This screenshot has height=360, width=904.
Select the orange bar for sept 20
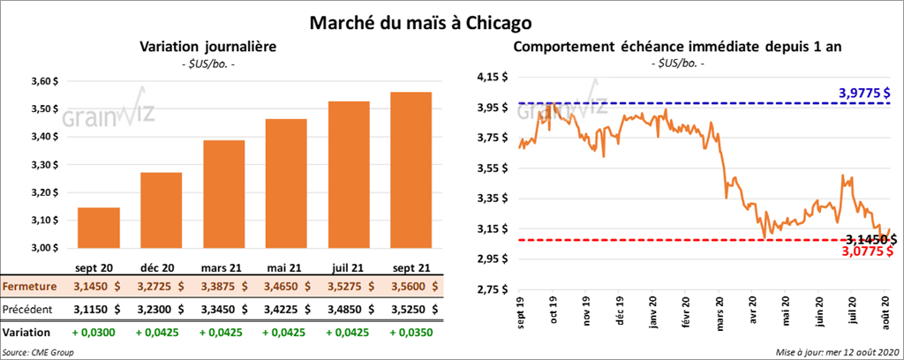99,229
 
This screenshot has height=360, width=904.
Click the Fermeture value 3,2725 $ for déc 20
161,287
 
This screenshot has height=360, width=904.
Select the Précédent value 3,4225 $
286,310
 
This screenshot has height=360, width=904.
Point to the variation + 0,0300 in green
98,334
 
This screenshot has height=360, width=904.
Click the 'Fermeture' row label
31,287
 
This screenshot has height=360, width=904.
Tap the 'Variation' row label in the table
26,334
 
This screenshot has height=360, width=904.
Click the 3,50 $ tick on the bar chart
42,110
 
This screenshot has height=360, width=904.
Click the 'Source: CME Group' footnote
39,351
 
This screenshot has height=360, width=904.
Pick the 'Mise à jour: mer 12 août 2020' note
835,351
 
